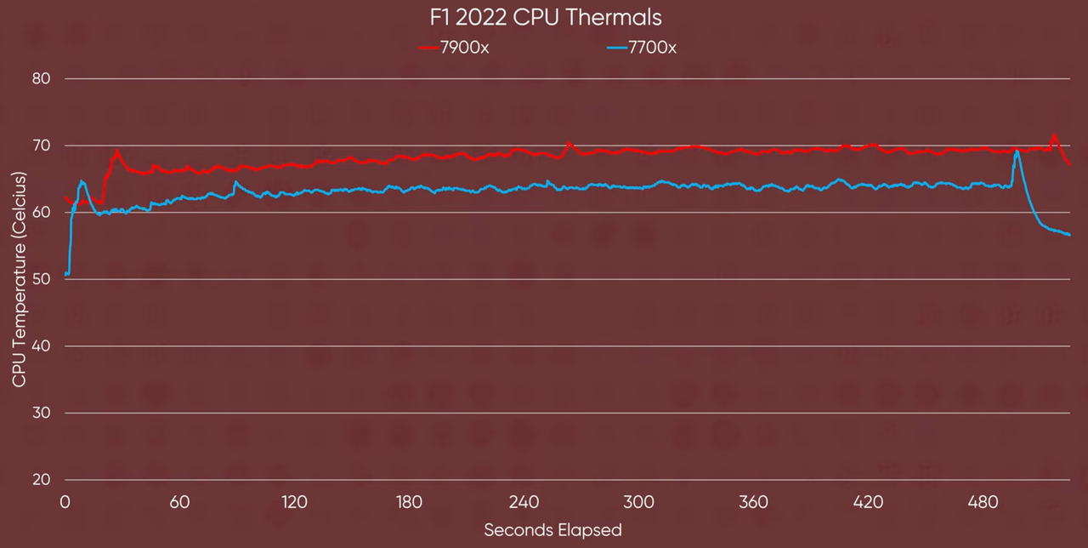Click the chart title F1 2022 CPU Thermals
point(544,17)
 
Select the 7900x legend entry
point(454,48)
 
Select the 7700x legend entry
point(642,48)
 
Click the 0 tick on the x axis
point(65,502)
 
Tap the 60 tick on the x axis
point(179,502)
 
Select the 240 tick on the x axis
point(524,502)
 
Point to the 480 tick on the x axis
point(983,502)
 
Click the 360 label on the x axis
point(753,502)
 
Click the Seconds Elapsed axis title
point(552,530)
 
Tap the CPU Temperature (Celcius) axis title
point(19,279)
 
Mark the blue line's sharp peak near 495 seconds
point(1017,151)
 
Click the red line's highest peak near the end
point(1054,134)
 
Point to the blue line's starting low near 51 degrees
point(66,274)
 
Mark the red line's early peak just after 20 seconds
point(117,152)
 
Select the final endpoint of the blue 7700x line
point(1069,234)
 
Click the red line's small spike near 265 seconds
point(569,143)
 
